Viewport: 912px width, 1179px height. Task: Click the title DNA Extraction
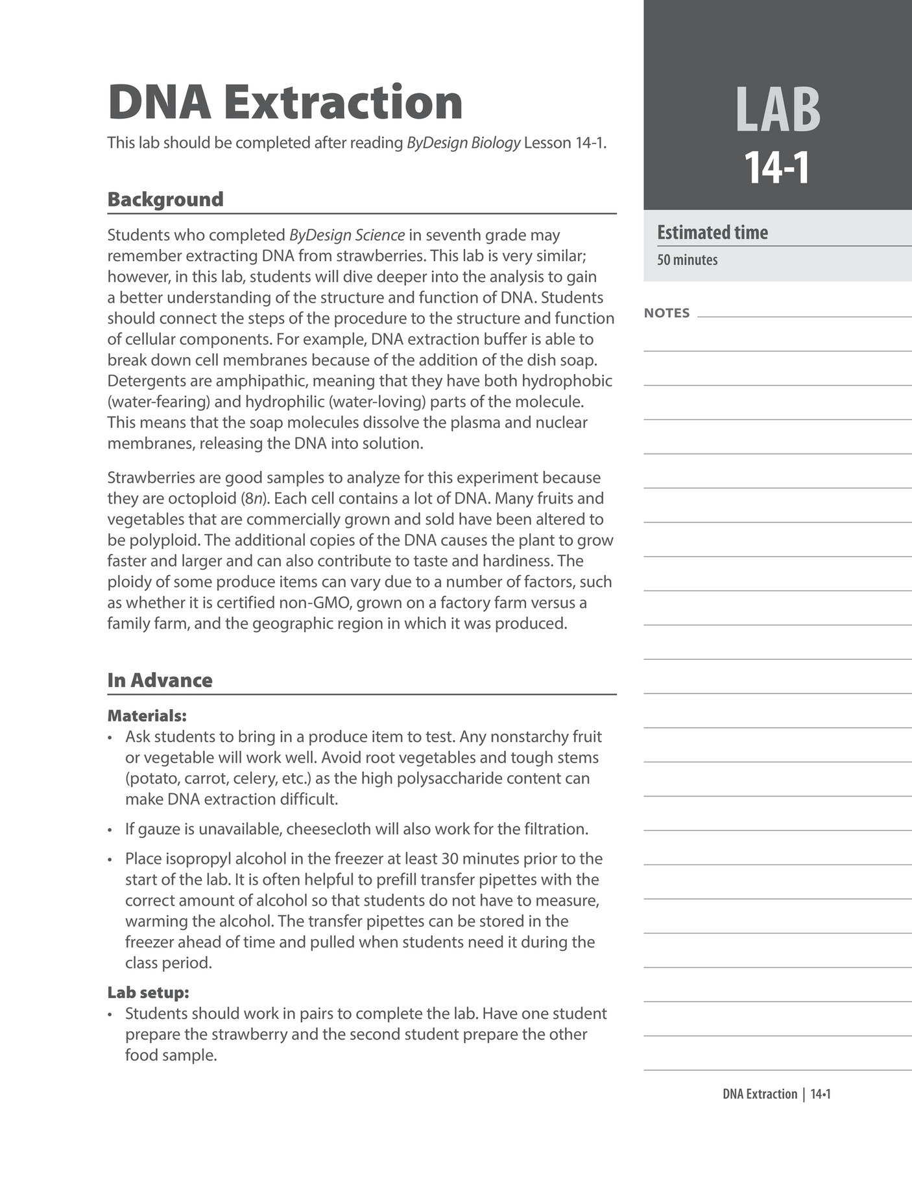[x=285, y=102]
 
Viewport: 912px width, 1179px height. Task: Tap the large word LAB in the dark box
[x=777, y=110]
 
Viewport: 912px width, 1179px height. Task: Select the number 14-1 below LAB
[x=777, y=168]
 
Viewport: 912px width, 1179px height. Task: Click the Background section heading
[x=165, y=199]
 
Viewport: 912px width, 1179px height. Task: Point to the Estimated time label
[x=712, y=232]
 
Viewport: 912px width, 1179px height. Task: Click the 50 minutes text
[x=687, y=260]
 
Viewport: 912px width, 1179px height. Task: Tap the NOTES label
[x=667, y=313]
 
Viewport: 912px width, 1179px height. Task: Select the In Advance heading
[x=160, y=680]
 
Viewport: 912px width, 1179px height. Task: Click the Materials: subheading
[x=147, y=716]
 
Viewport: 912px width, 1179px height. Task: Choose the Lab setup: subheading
[x=148, y=992]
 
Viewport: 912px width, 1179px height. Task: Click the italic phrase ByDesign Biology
[x=463, y=143]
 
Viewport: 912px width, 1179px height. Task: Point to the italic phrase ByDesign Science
[x=347, y=235]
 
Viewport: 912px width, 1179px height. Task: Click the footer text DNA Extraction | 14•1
[x=776, y=1094]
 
